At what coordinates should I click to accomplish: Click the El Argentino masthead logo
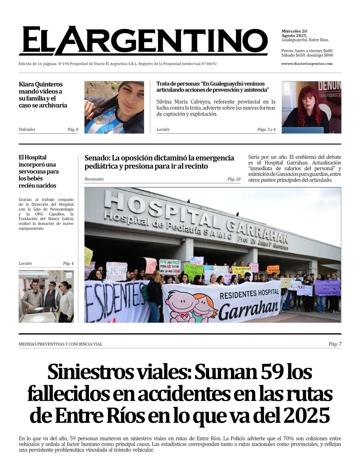(143, 41)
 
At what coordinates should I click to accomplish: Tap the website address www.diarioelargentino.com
(307, 64)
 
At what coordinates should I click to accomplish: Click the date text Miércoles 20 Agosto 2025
(294, 33)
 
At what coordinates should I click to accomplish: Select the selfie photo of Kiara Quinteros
(114, 107)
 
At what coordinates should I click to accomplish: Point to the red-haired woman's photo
(311, 107)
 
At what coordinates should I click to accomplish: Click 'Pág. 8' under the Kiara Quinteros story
(73, 129)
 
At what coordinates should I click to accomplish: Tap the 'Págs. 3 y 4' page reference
(266, 129)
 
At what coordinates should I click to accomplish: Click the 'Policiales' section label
(27, 129)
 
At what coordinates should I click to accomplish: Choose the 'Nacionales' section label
(94, 179)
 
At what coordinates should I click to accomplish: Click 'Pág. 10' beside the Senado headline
(234, 179)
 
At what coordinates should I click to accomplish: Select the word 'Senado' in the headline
(96, 158)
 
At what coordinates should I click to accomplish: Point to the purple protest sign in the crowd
(327, 287)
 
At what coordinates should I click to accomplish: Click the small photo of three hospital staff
(46, 296)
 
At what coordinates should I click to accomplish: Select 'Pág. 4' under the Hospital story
(68, 263)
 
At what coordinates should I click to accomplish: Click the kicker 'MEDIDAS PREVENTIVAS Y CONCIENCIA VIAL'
(60, 344)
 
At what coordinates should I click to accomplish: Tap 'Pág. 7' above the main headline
(335, 344)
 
